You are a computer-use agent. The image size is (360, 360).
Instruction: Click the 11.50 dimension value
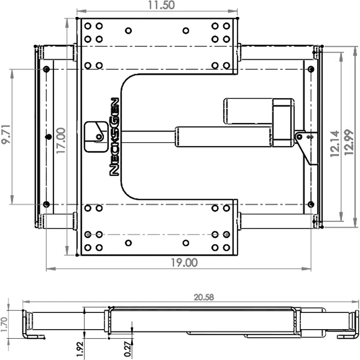coord(161,5)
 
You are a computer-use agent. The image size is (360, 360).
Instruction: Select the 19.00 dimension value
coord(184,263)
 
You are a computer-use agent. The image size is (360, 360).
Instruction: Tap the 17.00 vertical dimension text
coord(61,141)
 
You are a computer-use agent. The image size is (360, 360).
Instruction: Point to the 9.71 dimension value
coord(6,134)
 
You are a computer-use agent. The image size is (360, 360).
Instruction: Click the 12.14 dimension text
coord(335,144)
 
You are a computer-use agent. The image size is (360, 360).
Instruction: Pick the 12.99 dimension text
coord(349,143)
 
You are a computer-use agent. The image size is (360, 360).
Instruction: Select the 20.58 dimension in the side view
coord(204,297)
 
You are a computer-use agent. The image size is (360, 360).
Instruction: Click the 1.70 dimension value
coord(4,324)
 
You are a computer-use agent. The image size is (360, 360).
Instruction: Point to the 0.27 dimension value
coord(128,349)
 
